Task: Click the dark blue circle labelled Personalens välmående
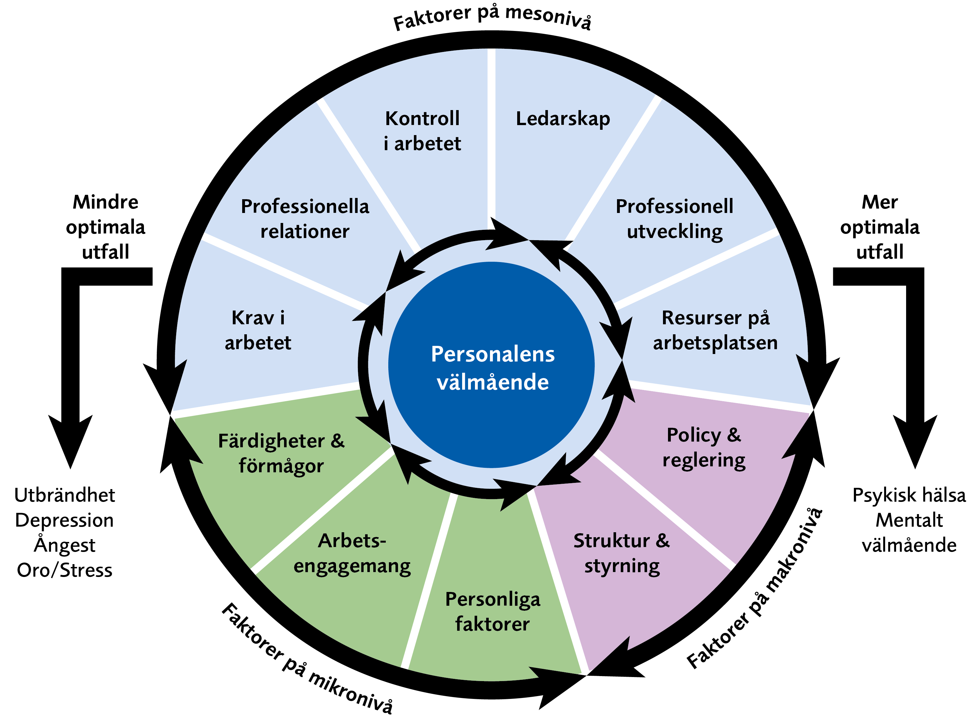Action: click(492, 365)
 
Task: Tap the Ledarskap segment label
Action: click(563, 119)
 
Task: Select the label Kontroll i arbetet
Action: click(422, 131)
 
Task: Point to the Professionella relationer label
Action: click(305, 219)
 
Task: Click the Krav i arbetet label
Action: click(258, 330)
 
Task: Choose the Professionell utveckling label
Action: click(675, 219)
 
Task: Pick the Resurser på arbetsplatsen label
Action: click(715, 330)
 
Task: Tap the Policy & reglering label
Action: click(704, 447)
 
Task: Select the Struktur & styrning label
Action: click(622, 553)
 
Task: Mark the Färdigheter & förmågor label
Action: click(281, 453)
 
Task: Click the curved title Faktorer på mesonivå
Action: click(492, 18)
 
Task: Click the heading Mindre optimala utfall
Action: click(106, 227)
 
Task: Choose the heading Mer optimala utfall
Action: click(880, 227)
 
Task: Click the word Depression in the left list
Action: click(65, 521)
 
